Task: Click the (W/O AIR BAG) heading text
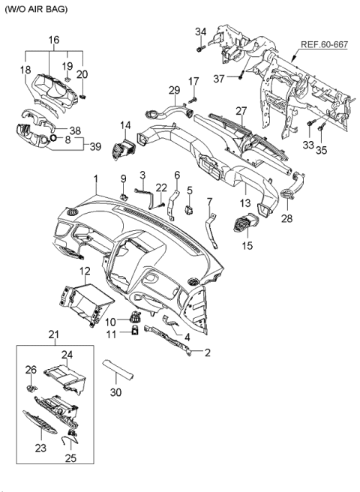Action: pyautogui.click(x=35, y=9)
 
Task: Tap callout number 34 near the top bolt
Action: pyautogui.click(x=200, y=31)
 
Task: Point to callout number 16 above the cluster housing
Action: pyautogui.click(x=54, y=40)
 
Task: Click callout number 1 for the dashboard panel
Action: pyautogui.click(x=96, y=180)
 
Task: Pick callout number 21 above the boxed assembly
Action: pyautogui.click(x=53, y=334)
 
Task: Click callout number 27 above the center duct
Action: pyautogui.click(x=241, y=110)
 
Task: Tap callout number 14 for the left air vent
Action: pyautogui.click(x=125, y=126)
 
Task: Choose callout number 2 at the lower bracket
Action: pyautogui.click(x=207, y=352)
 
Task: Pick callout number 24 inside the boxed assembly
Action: pyautogui.click(x=67, y=354)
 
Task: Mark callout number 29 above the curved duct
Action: pyautogui.click(x=174, y=90)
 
